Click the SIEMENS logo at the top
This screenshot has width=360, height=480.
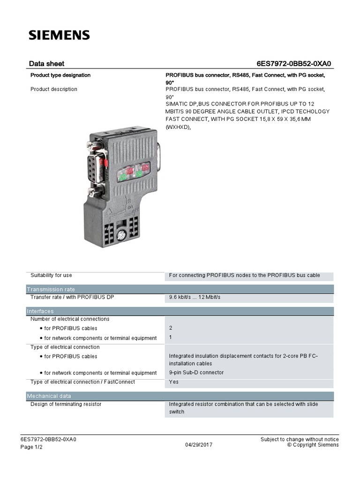point(59,35)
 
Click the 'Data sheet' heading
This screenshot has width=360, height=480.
point(46,64)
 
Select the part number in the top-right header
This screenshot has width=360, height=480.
point(296,64)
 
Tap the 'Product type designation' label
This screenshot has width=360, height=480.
point(60,75)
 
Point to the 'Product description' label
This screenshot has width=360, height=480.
point(54,89)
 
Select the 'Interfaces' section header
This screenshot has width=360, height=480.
point(40,311)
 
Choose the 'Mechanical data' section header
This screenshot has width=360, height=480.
point(49,396)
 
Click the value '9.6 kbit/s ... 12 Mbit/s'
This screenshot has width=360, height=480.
point(195,298)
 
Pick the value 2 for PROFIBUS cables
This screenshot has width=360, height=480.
point(171,328)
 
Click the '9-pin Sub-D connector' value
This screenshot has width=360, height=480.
point(196,373)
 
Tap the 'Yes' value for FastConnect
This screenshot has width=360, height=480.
point(173,382)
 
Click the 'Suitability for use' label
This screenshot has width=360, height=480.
point(51,275)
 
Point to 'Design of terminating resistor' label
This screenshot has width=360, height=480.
point(66,404)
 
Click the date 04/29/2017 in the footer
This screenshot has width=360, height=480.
point(199,445)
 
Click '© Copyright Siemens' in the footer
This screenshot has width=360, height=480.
point(313,445)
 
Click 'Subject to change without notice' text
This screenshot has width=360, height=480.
point(300,439)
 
